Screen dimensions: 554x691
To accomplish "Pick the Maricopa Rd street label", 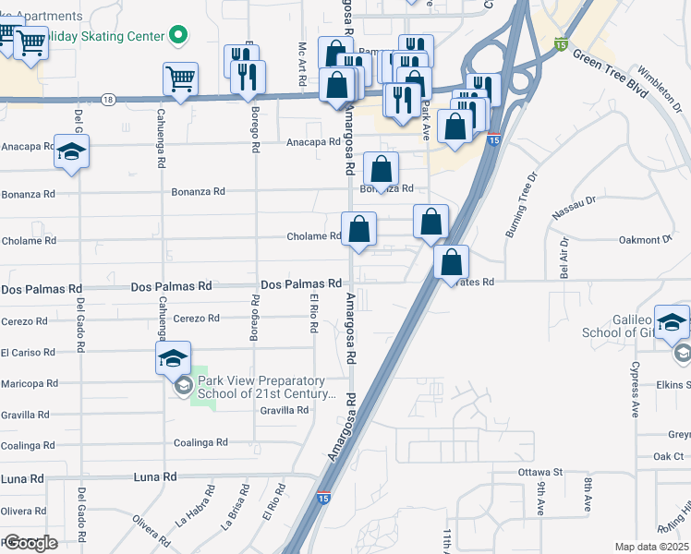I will pos(30,382).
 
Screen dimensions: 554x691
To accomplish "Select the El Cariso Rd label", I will pos(28,352).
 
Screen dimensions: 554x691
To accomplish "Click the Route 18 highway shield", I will pos(109,99).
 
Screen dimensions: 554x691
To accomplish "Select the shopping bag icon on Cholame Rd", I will pos(359,229).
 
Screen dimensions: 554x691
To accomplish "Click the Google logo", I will pos(30,543).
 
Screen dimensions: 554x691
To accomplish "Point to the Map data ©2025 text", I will pos(650,547).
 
